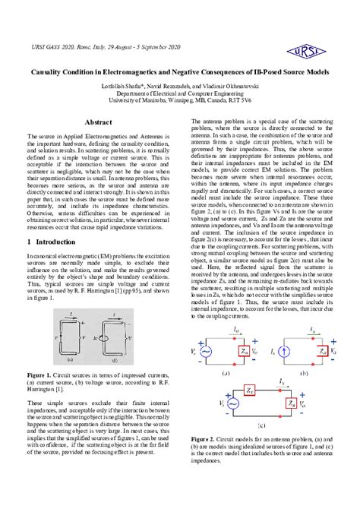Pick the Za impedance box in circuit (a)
coord(244,352)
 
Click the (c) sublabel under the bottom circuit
coord(260,425)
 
